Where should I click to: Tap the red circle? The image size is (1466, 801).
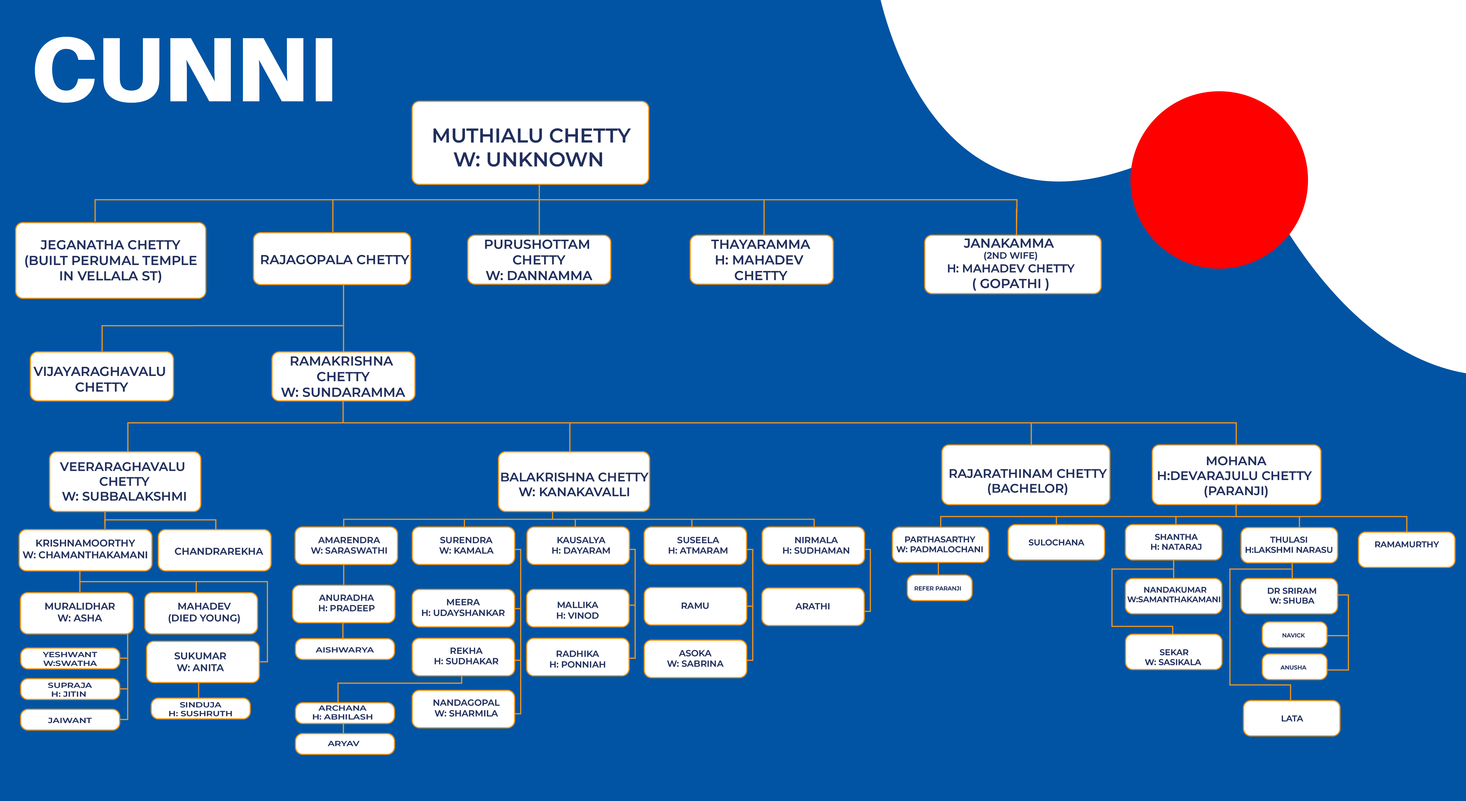(x=1219, y=180)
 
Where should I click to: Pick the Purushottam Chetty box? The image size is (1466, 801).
(x=539, y=259)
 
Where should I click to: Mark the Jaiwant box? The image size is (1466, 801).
(x=70, y=720)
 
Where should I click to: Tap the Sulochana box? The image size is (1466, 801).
(x=1056, y=542)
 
